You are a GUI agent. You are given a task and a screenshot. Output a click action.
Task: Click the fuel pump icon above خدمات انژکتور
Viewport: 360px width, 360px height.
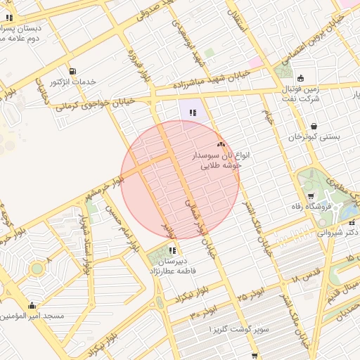[x=73, y=72]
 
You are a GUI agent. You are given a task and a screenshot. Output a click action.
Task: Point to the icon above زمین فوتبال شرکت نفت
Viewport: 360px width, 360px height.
[x=302, y=78]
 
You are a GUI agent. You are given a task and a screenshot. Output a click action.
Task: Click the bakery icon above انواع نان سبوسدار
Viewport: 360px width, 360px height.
[x=221, y=143]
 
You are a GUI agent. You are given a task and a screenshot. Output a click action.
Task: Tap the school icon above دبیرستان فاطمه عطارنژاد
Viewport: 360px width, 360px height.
[x=172, y=250]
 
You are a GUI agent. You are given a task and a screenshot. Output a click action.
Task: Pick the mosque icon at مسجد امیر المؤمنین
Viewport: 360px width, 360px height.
[x=32, y=305]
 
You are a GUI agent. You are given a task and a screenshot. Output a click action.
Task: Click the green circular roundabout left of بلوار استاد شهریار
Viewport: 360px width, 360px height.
[x=37, y=269]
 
